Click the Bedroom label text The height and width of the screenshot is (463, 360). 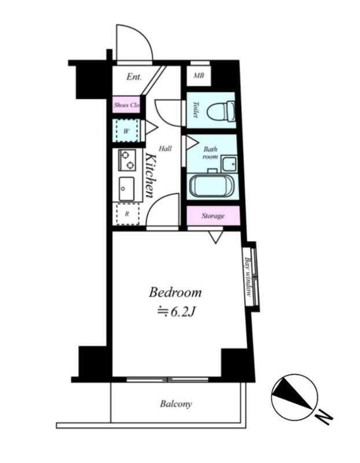click(175, 293)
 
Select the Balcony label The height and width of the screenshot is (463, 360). click(176, 403)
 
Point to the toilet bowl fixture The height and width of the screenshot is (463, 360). click(221, 112)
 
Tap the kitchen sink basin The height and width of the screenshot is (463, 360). click(127, 189)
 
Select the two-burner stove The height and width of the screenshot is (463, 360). click(127, 160)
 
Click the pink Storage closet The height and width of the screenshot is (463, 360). click(213, 215)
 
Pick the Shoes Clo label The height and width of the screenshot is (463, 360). click(127, 105)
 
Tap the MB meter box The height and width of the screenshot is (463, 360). click(199, 76)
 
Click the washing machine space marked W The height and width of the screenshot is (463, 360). click(126, 131)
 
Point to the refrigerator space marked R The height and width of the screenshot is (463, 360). click(127, 214)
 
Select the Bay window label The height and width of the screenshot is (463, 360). click(248, 277)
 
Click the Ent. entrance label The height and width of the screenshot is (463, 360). click(134, 77)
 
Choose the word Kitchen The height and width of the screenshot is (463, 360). click(150, 176)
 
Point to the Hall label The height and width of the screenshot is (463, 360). click(165, 149)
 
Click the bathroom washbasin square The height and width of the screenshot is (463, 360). click(229, 164)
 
